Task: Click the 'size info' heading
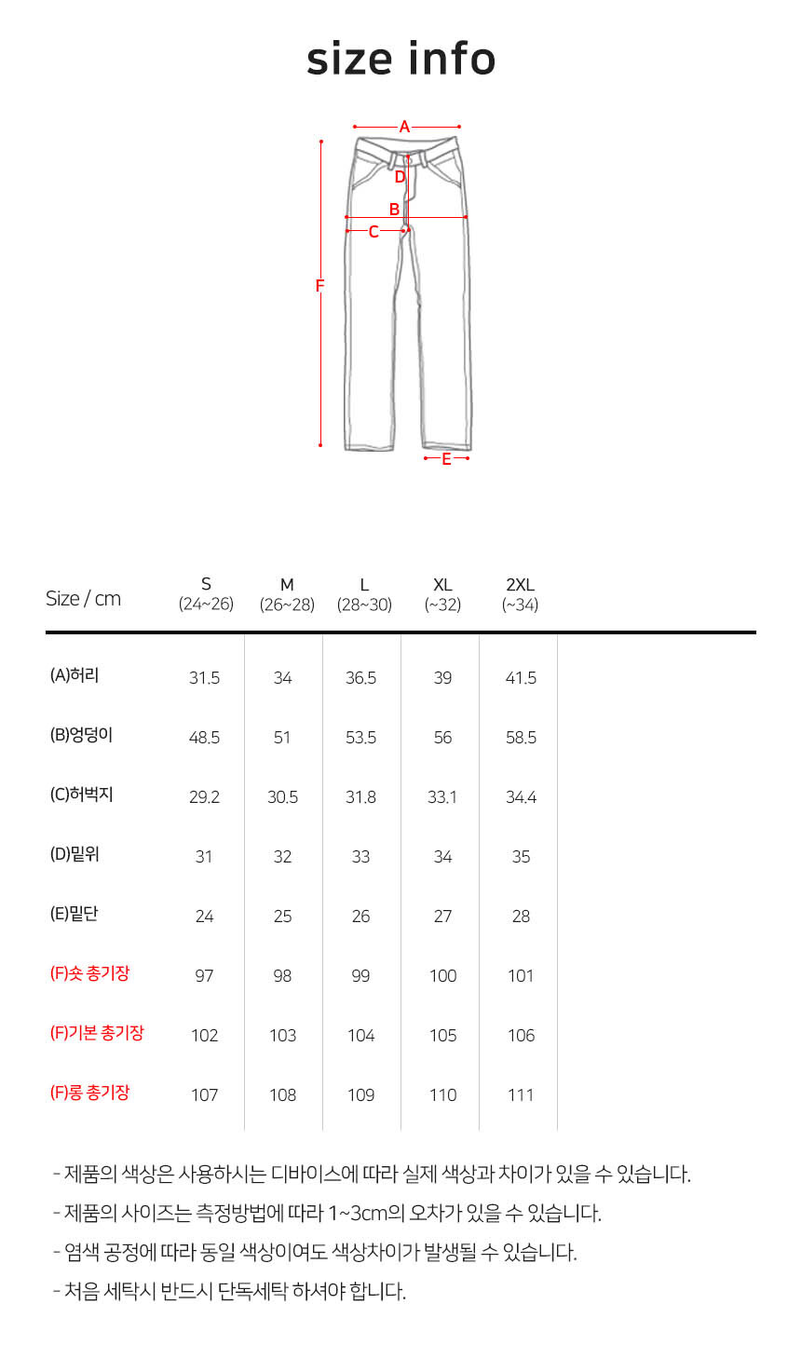click(401, 59)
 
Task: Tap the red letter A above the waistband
click(405, 127)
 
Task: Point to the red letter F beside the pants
click(319, 286)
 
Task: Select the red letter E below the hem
click(446, 459)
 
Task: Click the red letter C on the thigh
click(373, 232)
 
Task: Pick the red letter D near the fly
click(400, 177)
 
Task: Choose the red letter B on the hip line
click(395, 210)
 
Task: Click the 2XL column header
click(520, 594)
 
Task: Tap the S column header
click(206, 594)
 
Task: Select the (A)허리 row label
click(75, 675)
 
